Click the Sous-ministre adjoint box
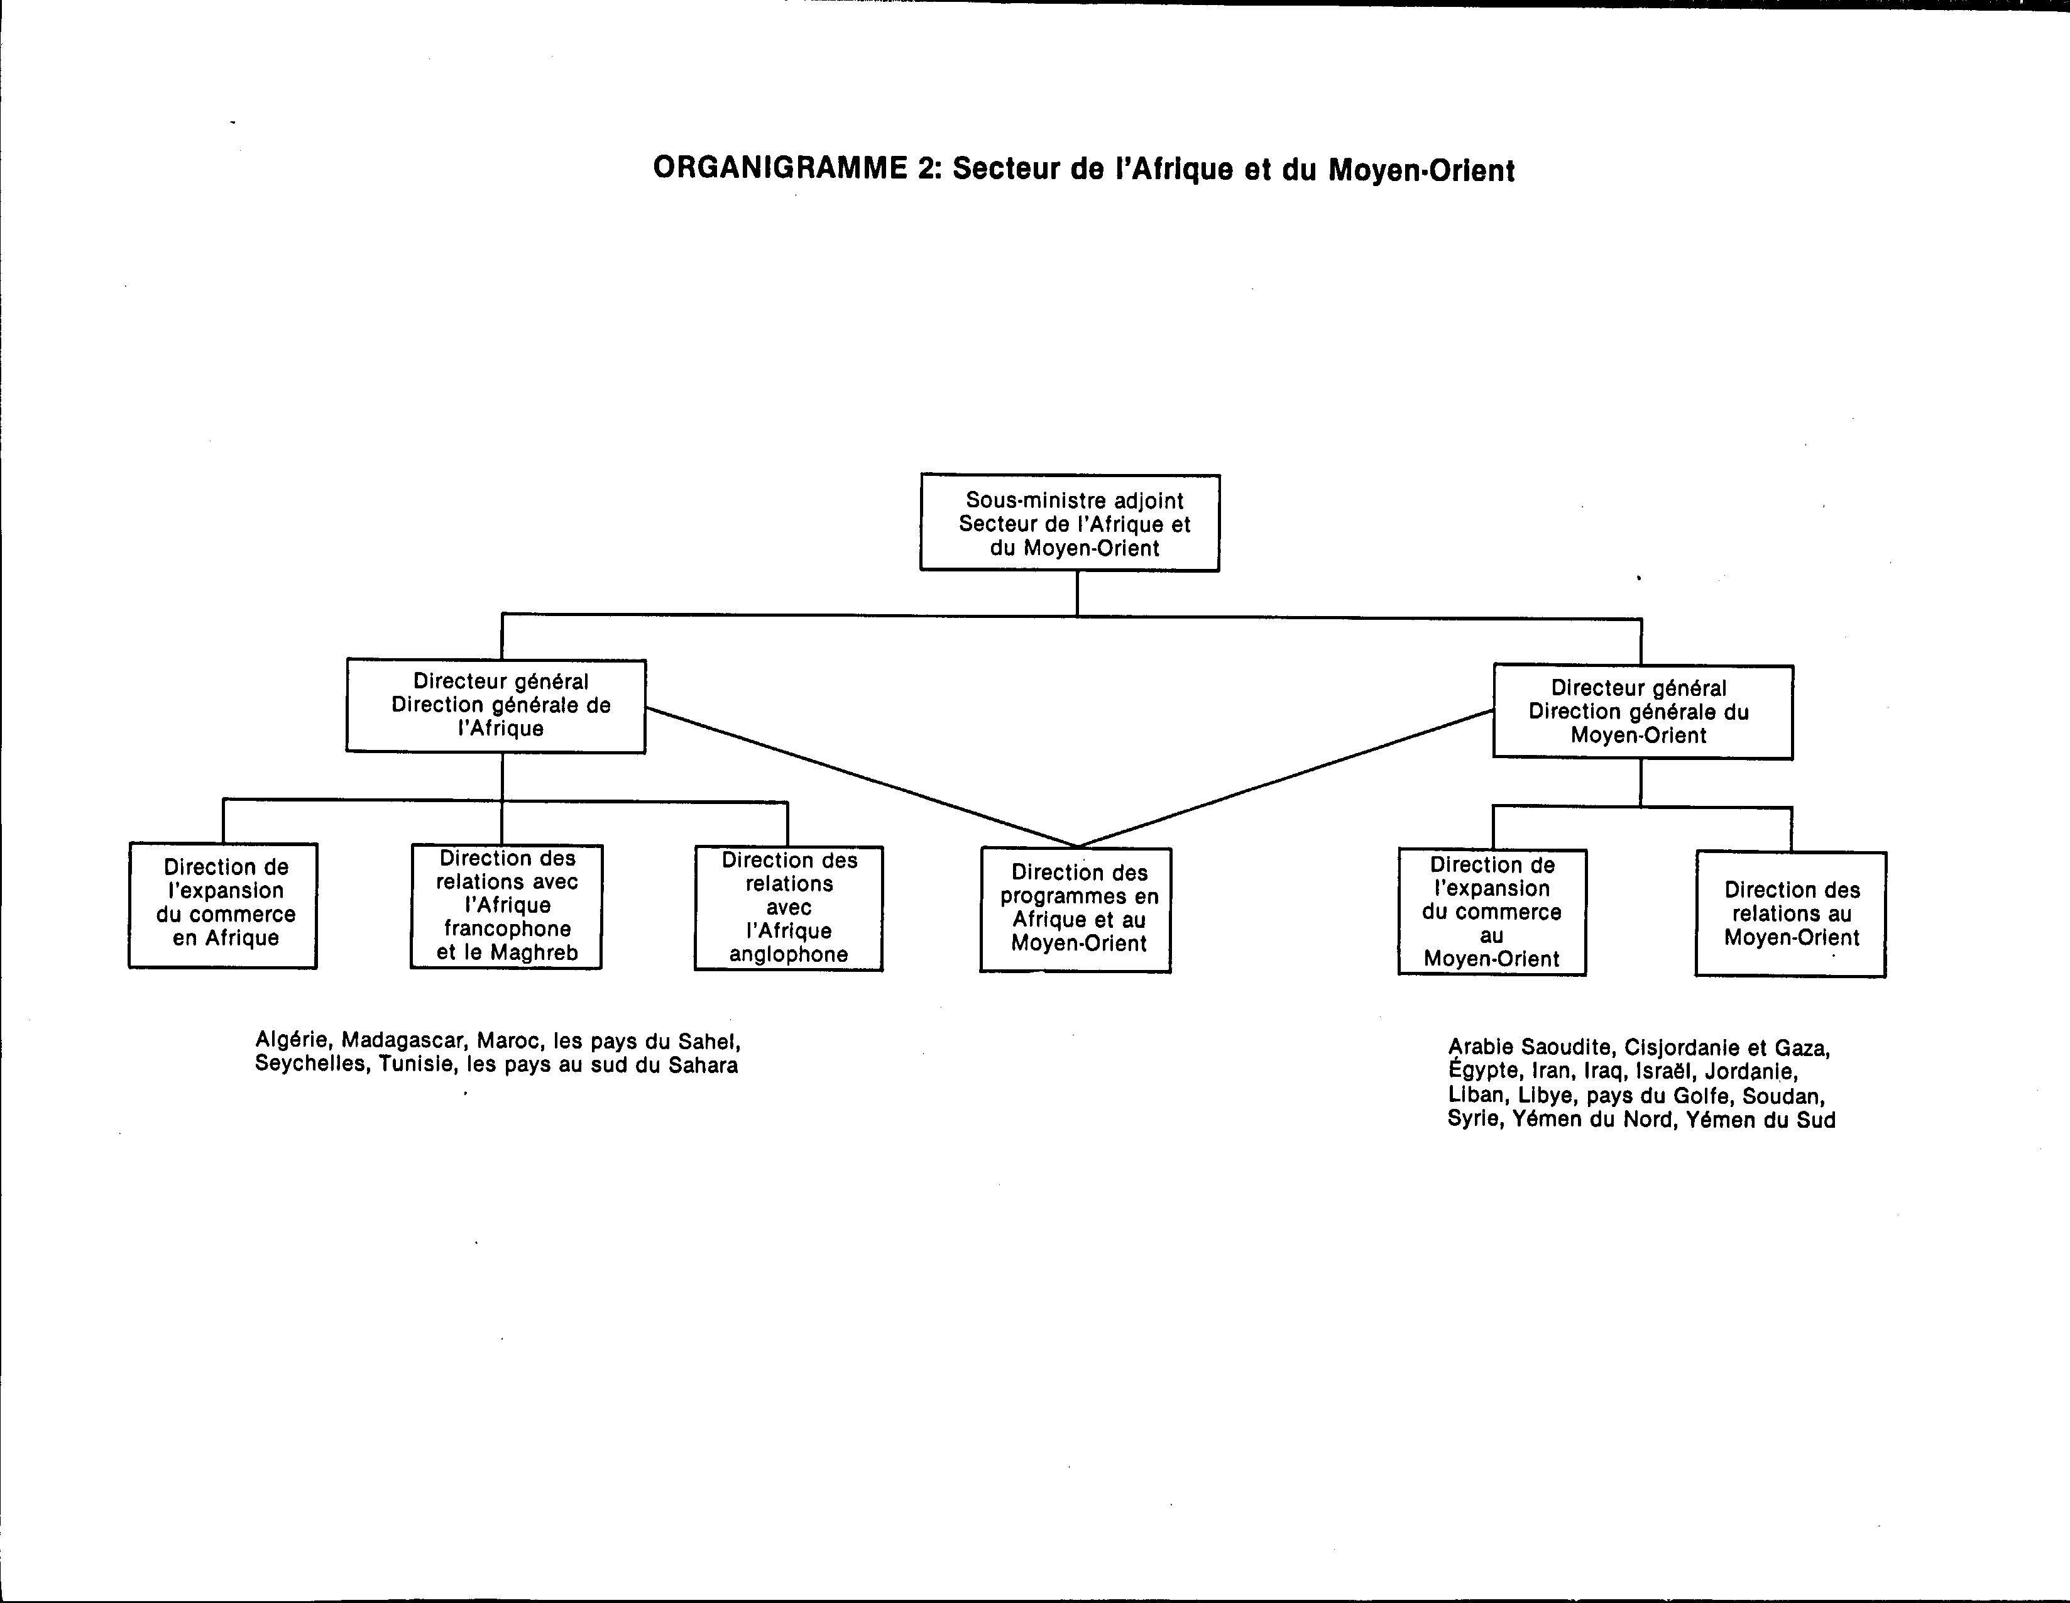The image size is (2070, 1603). coord(1070,522)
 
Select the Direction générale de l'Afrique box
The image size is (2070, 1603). coord(496,705)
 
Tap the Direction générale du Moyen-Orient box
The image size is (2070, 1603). coord(1643,712)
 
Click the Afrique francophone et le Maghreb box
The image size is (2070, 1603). coord(506,906)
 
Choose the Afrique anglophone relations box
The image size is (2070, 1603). coord(789,908)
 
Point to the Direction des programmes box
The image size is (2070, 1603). coord(1076,910)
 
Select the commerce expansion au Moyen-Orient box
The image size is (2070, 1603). coord(1492,912)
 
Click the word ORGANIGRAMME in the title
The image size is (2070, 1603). coord(780,168)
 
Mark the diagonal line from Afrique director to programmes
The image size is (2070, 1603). coord(862,778)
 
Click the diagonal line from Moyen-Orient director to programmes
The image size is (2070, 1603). coord(1286,778)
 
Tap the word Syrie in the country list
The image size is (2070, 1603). coord(1473,1120)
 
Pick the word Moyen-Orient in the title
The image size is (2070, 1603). coord(1421,170)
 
